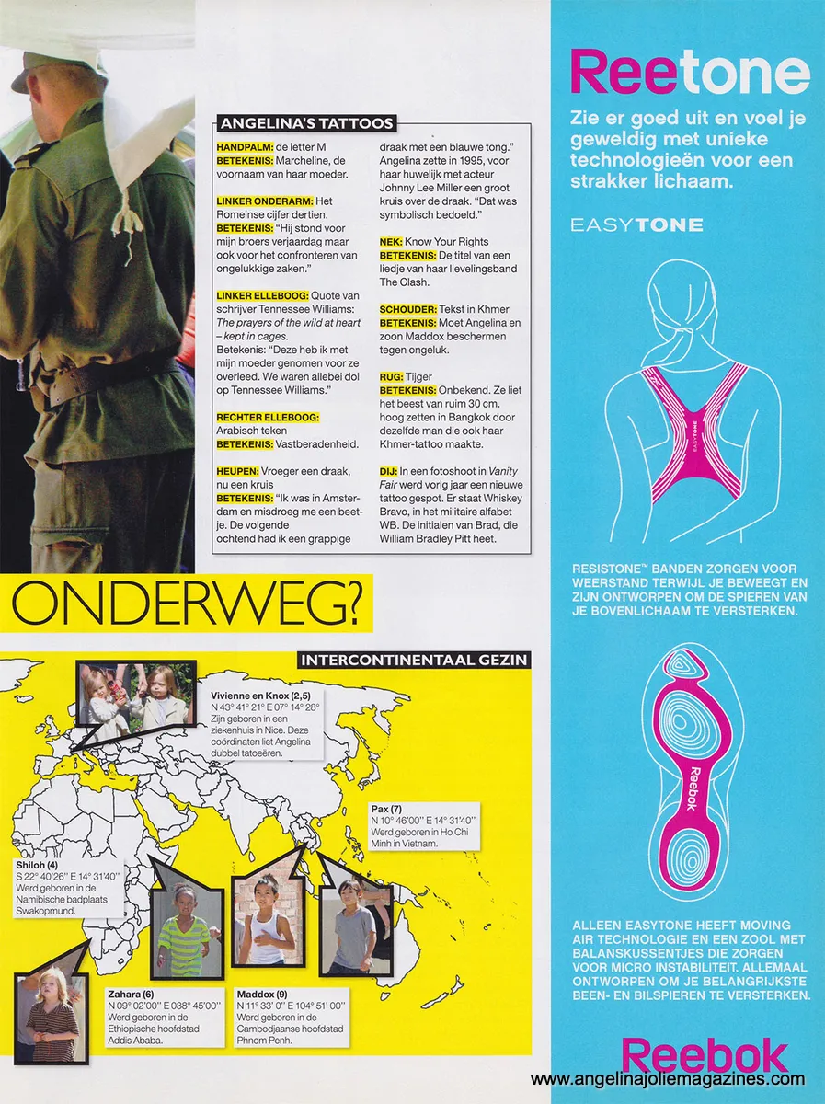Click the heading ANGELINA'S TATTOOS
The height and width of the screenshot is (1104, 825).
306,123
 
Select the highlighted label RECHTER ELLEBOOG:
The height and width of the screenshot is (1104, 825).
268,417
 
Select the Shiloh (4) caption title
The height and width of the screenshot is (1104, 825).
37,866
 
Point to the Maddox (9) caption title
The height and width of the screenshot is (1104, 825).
262,995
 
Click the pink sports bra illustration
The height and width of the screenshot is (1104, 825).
690,423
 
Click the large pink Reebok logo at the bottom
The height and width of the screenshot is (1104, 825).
705,1055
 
